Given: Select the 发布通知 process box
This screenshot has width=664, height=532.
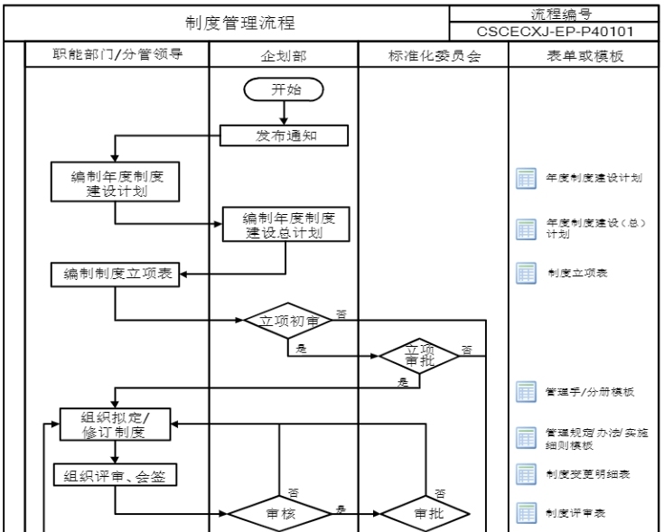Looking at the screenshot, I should (284, 135).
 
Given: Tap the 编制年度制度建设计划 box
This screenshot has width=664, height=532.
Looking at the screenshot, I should (114, 182).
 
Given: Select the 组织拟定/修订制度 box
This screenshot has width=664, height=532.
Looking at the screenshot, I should (114, 424).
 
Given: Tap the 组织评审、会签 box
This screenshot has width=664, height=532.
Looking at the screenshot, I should (114, 474).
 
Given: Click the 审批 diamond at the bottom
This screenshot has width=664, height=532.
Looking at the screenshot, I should (425, 512).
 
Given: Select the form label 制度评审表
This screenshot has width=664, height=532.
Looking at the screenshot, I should (575, 512).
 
